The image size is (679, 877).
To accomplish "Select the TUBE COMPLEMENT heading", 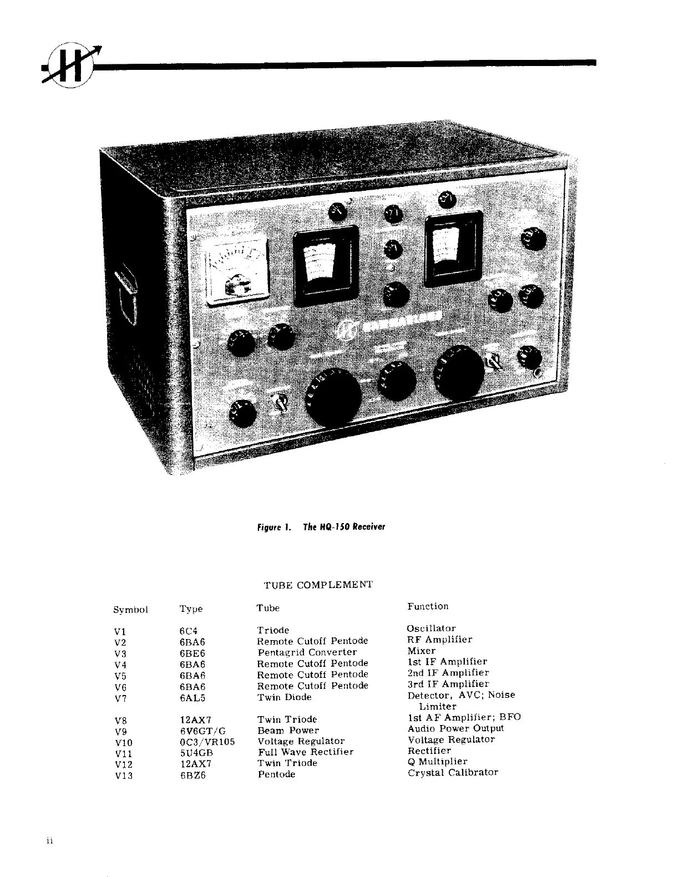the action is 318,585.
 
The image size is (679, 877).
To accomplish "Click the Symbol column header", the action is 130,609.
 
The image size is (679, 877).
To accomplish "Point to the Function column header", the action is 428,606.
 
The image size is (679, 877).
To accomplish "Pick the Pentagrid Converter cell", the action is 307,652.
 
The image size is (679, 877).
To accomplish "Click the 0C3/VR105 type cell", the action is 204,742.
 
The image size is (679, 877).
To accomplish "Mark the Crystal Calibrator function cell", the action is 453,772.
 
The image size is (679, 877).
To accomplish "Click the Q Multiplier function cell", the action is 437,761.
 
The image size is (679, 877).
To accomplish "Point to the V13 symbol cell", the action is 123,775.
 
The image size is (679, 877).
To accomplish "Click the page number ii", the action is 49,841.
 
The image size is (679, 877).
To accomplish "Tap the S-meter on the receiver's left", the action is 236,272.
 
